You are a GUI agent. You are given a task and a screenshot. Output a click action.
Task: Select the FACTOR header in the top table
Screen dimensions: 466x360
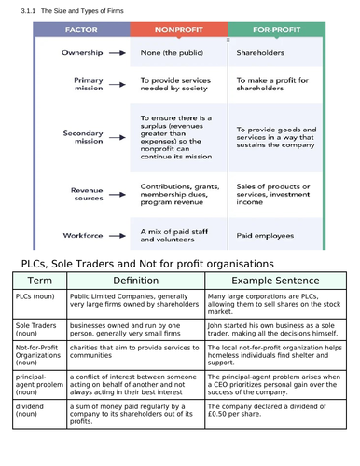[81, 30]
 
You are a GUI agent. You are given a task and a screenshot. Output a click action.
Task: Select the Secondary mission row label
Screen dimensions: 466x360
[83, 137]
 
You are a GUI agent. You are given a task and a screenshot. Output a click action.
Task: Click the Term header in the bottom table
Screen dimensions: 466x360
[39, 281]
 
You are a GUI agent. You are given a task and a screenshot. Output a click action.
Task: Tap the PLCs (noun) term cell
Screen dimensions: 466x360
[36, 296]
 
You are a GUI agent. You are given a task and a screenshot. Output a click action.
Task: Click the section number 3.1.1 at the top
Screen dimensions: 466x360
[23, 8]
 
